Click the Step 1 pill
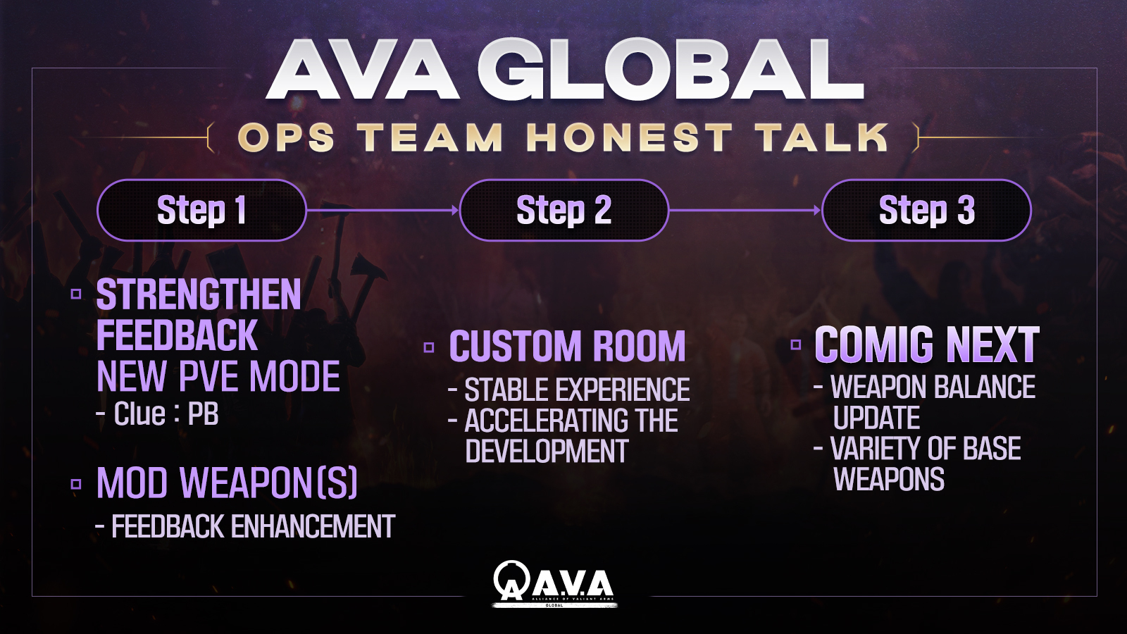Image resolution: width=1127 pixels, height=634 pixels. click(x=201, y=210)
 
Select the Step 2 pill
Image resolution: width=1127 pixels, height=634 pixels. click(x=564, y=210)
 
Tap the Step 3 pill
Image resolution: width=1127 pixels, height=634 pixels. click(x=927, y=210)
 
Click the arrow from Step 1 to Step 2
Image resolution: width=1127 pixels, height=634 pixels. click(x=383, y=210)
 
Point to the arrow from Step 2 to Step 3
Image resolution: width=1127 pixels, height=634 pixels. click(x=745, y=210)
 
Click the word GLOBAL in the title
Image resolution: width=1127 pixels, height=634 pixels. click(x=670, y=70)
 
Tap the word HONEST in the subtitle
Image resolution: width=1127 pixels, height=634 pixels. click(x=630, y=137)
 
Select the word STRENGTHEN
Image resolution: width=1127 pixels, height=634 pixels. click(x=199, y=295)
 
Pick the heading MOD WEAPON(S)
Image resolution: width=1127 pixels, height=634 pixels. click(x=227, y=483)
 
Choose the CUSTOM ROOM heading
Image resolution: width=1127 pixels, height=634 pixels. click(x=568, y=346)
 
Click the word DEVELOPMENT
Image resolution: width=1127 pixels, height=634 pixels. click(x=547, y=450)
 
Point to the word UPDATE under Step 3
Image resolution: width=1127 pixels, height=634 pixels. click(x=876, y=418)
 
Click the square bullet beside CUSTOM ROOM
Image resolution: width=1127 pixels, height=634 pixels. click(x=429, y=347)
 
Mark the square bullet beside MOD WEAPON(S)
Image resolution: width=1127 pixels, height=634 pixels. click(x=76, y=484)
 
